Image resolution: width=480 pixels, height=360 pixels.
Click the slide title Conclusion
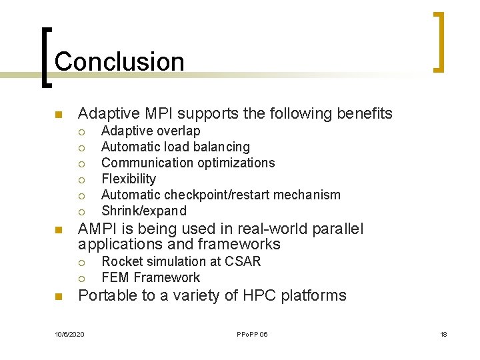tap(119, 61)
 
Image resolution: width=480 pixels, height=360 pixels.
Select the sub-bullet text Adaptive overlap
tap(150, 131)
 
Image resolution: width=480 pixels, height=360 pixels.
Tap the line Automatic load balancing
tap(175, 147)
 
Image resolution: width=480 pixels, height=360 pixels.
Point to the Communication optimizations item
tap(187, 163)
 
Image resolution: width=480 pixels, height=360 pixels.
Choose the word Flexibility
tap(129, 179)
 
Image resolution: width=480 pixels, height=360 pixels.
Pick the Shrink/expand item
tap(143, 211)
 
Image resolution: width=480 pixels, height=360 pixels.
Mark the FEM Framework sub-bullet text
tap(150, 277)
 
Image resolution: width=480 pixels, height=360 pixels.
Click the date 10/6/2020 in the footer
tap(69, 334)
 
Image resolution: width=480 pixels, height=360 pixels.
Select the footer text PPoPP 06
tap(251, 334)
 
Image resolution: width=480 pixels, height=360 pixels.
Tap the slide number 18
tap(443, 334)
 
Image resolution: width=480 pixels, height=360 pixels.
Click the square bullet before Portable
tap(58, 297)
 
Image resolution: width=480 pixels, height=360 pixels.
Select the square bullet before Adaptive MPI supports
tap(58, 115)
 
